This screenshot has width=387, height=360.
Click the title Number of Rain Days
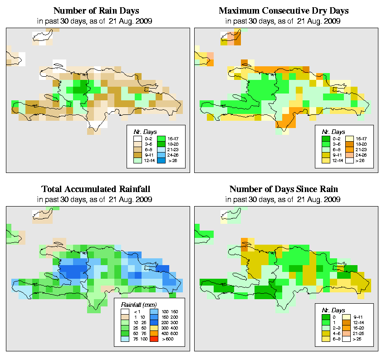click(96, 11)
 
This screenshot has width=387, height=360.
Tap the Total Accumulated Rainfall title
click(96, 189)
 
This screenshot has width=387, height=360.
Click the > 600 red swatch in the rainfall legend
click(152, 338)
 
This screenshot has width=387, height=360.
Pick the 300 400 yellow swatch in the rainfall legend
click(152, 327)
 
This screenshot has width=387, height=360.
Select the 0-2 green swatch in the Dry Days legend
click(325, 138)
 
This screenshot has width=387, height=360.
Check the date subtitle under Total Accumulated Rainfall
click(96, 199)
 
